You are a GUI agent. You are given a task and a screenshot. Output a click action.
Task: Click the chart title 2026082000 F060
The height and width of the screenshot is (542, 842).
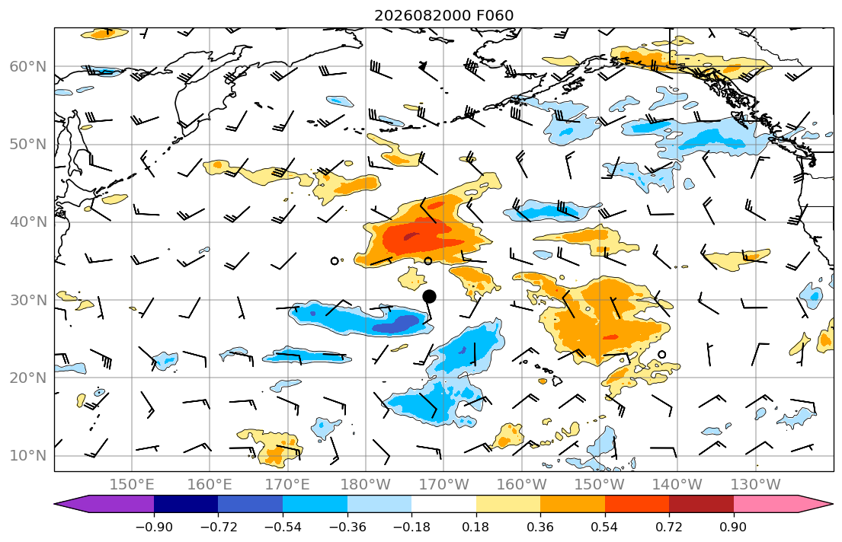coord(443,15)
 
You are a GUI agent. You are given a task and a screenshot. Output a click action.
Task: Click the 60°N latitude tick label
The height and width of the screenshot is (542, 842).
coord(28,66)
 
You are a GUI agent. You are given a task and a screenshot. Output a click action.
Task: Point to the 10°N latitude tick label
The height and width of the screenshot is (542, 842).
coord(28,456)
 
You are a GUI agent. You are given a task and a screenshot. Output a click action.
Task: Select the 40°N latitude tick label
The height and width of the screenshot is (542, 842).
coord(28,222)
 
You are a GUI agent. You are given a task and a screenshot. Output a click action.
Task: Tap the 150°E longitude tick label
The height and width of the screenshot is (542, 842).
coord(132,485)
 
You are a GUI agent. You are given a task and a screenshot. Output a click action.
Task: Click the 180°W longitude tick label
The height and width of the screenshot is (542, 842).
coord(366,485)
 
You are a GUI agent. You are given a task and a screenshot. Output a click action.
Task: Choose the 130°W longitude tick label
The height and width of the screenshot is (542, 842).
coord(755,485)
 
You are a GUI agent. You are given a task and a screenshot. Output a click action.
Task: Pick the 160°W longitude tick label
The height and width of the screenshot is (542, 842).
coord(521,485)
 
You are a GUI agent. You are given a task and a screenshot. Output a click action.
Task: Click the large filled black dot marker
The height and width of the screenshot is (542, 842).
coord(429,296)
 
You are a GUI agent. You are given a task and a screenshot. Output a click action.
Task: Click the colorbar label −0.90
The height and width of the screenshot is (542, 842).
coord(154,527)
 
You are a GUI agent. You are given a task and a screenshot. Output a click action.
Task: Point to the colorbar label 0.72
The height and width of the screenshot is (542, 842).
coord(669,527)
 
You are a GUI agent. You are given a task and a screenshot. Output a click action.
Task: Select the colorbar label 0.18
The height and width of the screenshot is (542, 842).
coord(475,527)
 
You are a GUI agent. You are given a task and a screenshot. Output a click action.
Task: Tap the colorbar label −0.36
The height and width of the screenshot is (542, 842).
coord(347,527)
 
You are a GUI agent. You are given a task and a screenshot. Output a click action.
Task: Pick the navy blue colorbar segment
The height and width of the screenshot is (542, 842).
coord(186,504)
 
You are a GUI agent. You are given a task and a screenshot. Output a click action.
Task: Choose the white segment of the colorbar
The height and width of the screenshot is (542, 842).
coord(443,504)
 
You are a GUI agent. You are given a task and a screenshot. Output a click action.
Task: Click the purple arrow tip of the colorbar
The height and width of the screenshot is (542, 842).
coord(55,504)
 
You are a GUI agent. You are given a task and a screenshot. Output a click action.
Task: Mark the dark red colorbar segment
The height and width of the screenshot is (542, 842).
coord(701,504)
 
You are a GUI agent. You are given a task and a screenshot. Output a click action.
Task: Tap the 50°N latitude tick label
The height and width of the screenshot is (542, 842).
coord(28,145)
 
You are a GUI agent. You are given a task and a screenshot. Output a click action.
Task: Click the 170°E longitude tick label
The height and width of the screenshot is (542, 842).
coord(287,485)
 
